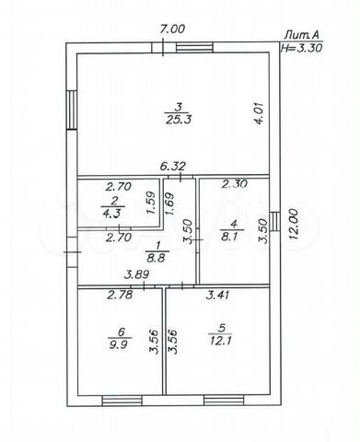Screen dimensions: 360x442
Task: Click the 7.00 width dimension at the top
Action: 173,29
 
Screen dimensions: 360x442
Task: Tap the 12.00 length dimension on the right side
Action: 294,224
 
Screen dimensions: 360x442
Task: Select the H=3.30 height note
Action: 301,48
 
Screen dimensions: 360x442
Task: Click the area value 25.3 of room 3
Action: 179,119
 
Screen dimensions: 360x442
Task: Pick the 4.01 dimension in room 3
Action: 259,113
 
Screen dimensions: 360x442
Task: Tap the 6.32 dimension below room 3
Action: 173,167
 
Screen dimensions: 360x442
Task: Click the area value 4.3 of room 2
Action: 112,213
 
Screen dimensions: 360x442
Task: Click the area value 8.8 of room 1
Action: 156,257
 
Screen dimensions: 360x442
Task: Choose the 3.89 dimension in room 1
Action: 137,274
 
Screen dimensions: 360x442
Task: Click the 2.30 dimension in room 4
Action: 235,184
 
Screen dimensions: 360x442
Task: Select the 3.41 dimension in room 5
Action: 217,295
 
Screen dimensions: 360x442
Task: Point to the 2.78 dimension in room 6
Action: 120,295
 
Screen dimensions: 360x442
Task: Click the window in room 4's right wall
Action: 275,221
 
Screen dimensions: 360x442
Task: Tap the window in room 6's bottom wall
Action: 122,401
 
